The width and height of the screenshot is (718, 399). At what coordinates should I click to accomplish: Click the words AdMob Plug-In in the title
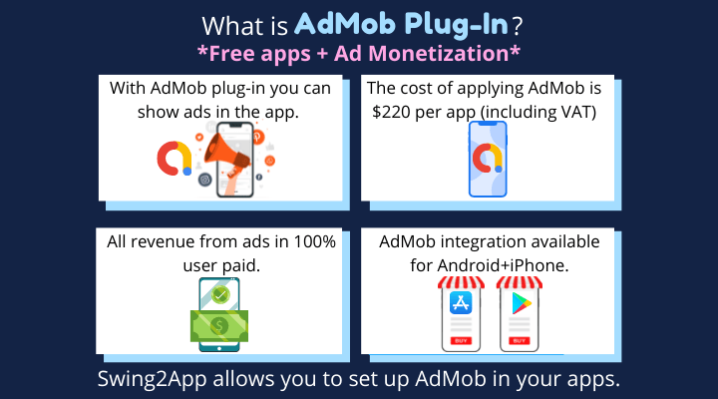tap(401, 24)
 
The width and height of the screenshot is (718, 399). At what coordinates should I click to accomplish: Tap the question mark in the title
tap(518, 26)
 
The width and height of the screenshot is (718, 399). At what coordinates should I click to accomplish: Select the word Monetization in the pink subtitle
tap(438, 54)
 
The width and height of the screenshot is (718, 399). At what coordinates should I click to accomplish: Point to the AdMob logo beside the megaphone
tap(174, 159)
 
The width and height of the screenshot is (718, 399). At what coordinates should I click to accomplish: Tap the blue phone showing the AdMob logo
tap(488, 159)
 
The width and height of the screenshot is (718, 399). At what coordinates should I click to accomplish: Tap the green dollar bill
tap(219, 326)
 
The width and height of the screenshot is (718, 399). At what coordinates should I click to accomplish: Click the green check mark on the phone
tap(220, 294)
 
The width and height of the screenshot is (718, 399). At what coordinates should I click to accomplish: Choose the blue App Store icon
tap(461, 303)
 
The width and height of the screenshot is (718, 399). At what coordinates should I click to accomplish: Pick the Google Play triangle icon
tap(521, 303)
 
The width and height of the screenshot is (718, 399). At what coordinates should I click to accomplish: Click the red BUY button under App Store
tap(461, 340)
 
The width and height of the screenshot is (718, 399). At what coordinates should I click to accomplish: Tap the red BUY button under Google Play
tap(520, 340)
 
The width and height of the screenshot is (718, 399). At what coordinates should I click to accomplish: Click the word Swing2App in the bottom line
tap(152, 379)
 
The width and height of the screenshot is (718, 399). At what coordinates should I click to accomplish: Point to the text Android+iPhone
tap(503, 265)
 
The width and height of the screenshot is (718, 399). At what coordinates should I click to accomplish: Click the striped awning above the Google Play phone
tap(520, 282)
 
